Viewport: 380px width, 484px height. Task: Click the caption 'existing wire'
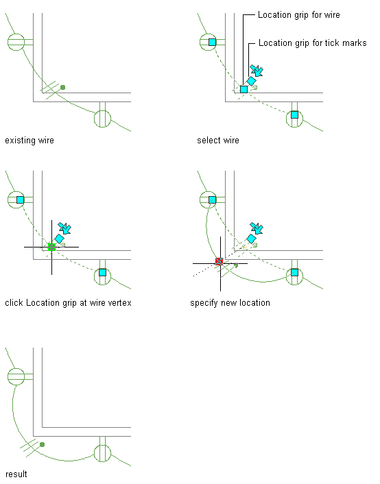tap(29, 141)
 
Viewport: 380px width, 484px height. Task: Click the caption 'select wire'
tap(218, 141)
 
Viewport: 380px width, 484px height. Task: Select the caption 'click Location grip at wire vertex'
tap(69, 303)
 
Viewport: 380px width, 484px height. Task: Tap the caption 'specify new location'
tap(230, 303)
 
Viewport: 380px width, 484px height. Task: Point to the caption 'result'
tap(16, 474)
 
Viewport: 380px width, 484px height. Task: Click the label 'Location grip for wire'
tap(299, 15)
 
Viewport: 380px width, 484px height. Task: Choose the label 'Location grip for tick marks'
tap(312, 43)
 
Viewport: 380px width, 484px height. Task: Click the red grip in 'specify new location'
tap(219, 262)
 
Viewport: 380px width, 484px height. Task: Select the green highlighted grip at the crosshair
tap(51, 247)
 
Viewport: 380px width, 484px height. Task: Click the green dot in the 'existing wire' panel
tap(62, 87)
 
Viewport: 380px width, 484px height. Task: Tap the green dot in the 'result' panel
tap(43, 444)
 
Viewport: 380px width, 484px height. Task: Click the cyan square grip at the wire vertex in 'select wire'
tap(244, 89)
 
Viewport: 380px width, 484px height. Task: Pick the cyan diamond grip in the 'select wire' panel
tap(252, 81)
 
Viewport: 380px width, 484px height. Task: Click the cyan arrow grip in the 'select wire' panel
tap(257, 71)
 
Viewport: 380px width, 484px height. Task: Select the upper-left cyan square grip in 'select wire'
tap(212, 42)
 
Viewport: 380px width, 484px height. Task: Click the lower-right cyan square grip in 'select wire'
tap(294, 114)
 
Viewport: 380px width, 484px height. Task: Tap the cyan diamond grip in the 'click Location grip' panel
tap(59, 239)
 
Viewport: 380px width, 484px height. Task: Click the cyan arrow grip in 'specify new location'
tap(257, 228)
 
